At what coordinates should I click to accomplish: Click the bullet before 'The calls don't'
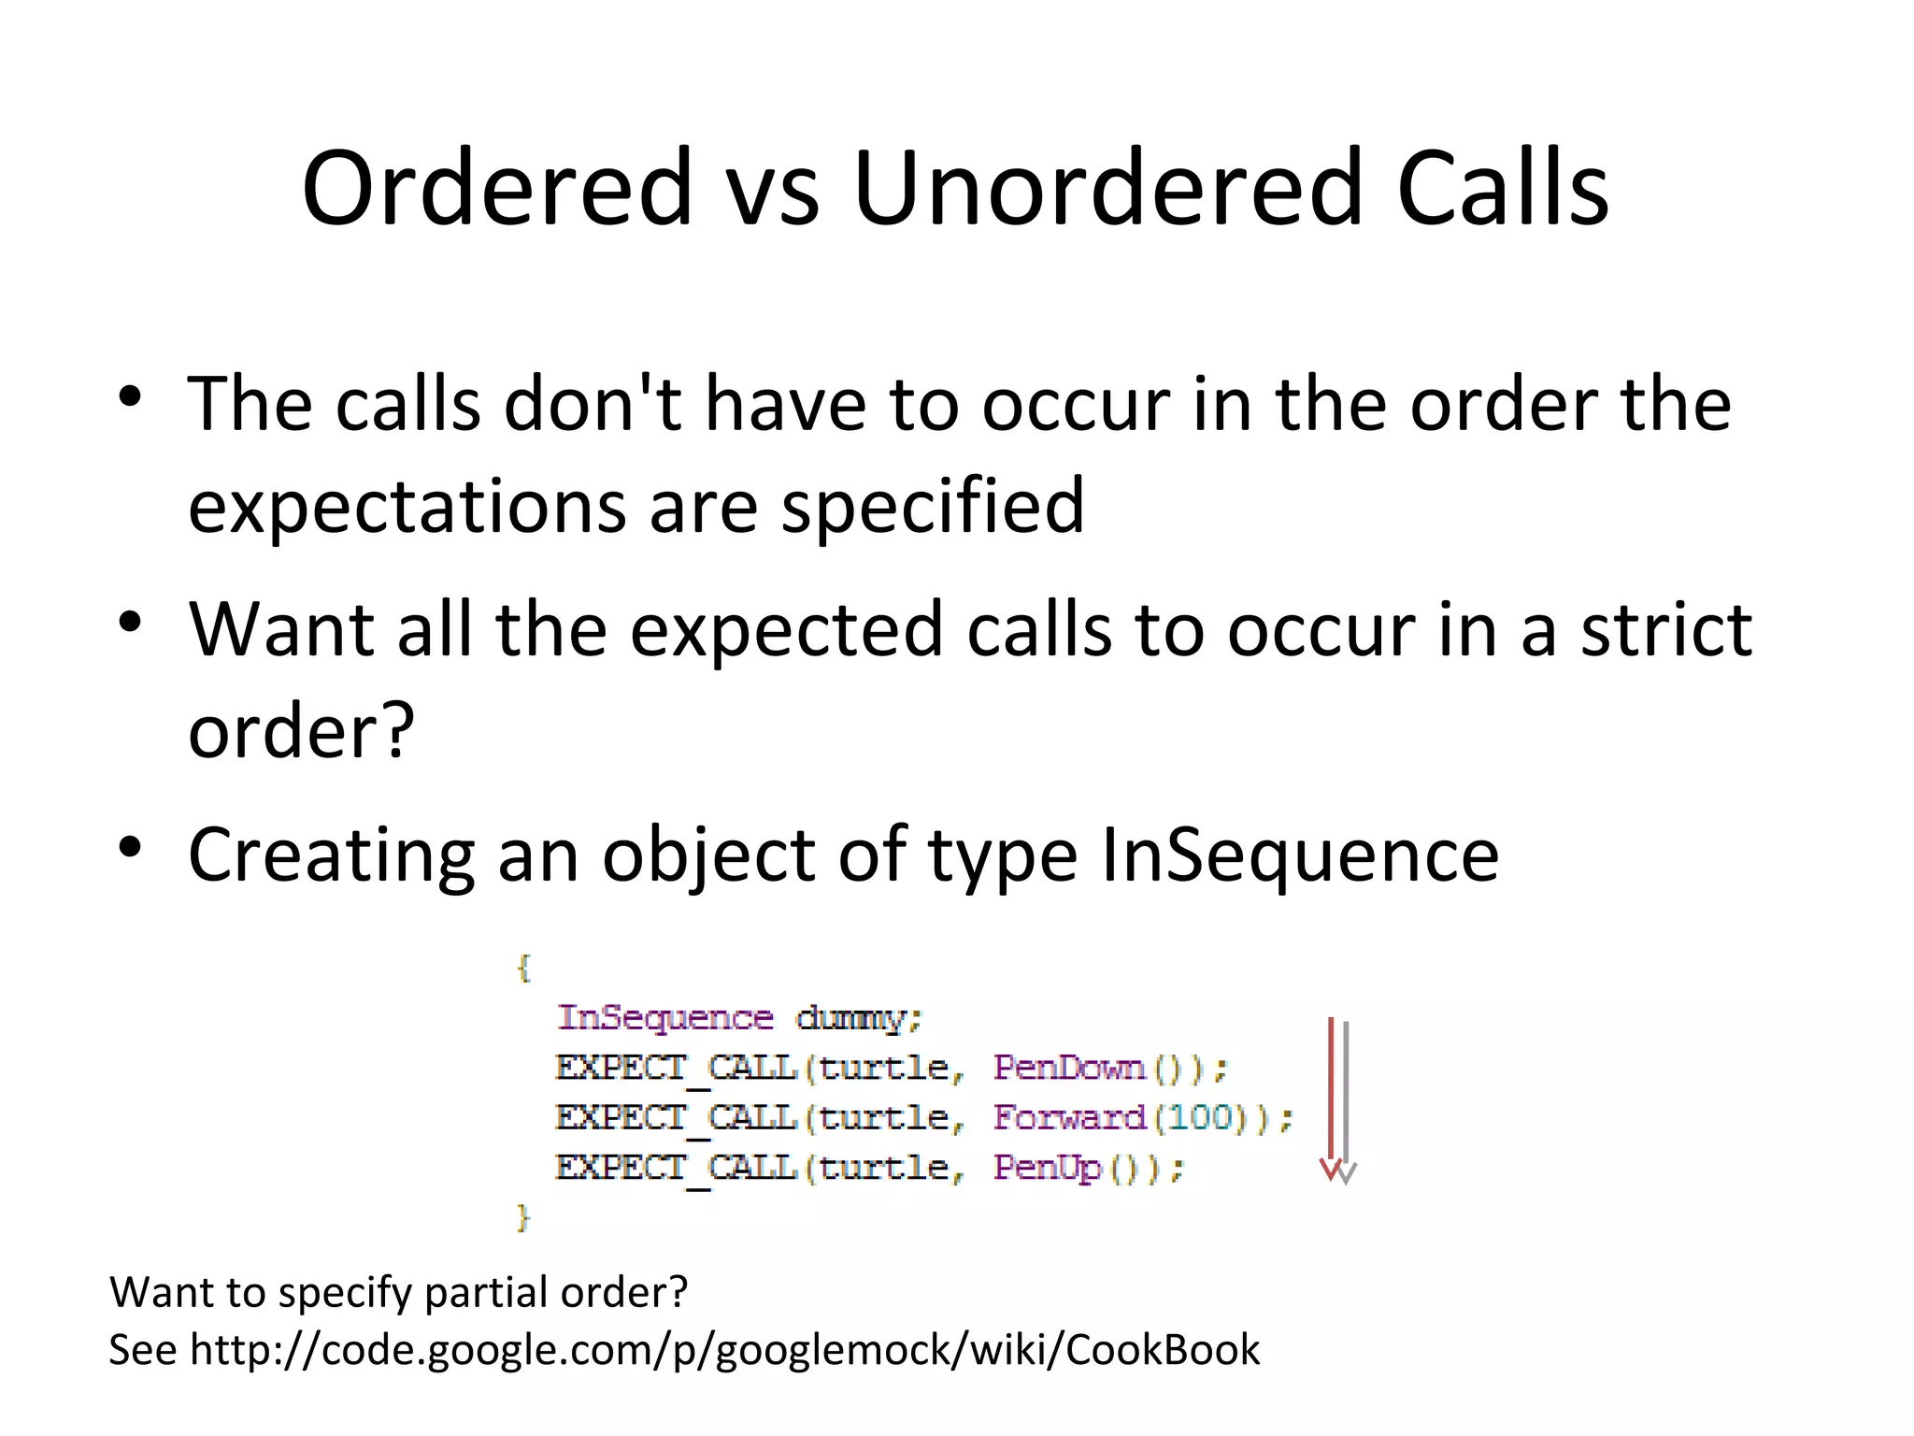[130, 396]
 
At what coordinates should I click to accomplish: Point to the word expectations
[407, 507]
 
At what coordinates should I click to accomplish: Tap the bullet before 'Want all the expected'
[130, 622]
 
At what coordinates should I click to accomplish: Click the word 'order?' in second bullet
[301, 731]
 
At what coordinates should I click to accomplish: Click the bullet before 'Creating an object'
[130, 847]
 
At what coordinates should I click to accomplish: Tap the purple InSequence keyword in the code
[665, 1017]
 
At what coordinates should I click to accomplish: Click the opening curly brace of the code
[523, 968]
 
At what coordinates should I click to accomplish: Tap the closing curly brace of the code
[523, 1217]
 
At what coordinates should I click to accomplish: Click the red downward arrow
[1330, 1103]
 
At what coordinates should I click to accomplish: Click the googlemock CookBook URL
[724, 1350]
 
